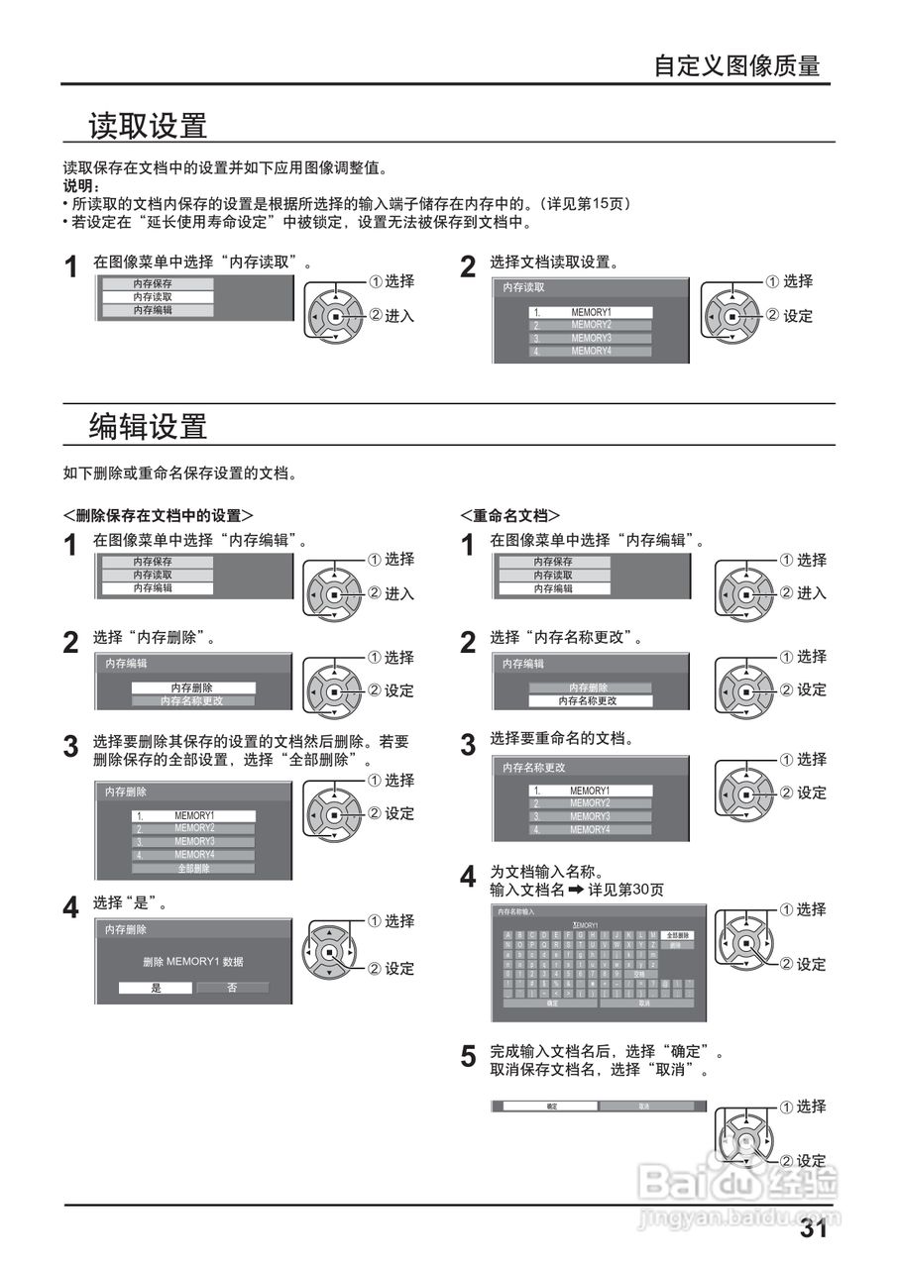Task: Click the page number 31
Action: click(x=813, y=1229)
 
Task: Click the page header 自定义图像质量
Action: click(x=736, y=66)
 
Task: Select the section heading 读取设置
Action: click(x=148, y=126)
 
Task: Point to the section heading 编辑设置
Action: click(x=148, y=426)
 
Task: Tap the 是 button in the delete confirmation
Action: click(x=156, y=988)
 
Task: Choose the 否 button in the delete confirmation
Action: click(x=232, y=988)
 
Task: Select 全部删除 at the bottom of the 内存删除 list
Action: click(x=193, y=868)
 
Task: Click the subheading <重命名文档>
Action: click(x=509, y=515)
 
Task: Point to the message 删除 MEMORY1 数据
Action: click(x=193, y=962)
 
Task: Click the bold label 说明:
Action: click(x=81, y=185)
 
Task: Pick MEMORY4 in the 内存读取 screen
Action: click(x=591, y=351)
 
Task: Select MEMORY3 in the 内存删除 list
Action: click(x=194, y=841)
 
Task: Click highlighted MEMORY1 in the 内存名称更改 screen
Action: click(x=590, y=791)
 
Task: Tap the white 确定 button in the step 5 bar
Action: click(x=551, y=1106)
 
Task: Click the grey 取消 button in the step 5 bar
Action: click(x=644, y=1106)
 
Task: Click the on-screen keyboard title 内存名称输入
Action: click(x=515, y=910)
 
